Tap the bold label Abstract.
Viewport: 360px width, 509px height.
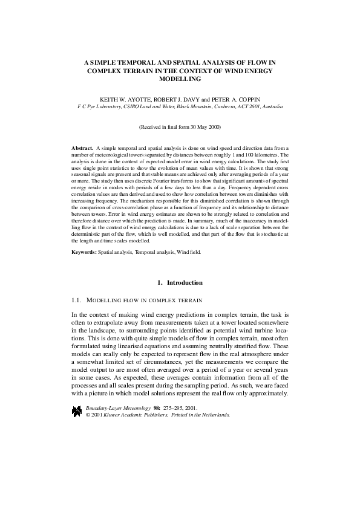tap(82, 148)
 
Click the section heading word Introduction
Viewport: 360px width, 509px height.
tap(186, 283)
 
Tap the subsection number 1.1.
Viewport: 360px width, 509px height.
tap(76, 300)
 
